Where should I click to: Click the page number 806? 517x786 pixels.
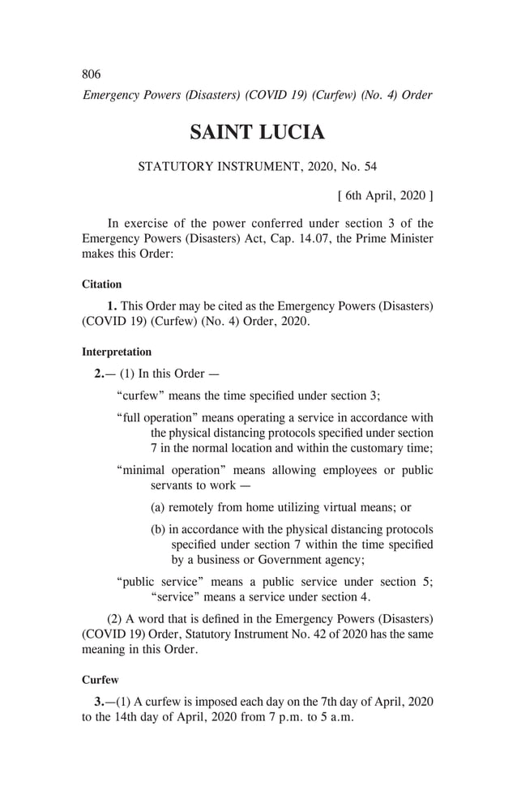(x=92, y=75)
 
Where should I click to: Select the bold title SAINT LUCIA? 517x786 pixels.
(x=257, y=133)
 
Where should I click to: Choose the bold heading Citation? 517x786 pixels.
(x=102, y=284)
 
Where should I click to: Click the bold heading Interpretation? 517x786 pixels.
(x=117, y=352)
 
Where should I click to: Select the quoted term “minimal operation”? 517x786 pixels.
(x=170, y=470)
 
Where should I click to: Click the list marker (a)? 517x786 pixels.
(x=158, y=508)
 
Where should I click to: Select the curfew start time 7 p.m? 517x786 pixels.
(x=257, y=718)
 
